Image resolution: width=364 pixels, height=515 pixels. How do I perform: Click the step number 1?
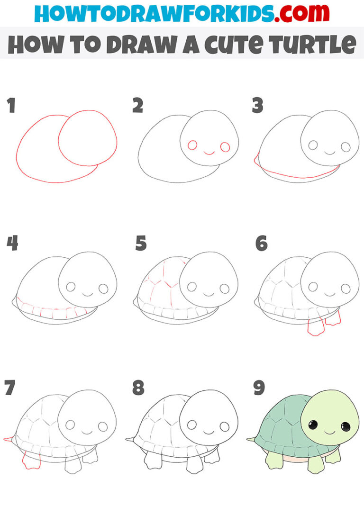(x=11, y=106)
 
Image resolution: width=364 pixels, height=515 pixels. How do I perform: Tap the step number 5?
(x=141, y=244)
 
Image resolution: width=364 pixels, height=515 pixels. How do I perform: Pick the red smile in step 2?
(x=209, y=153)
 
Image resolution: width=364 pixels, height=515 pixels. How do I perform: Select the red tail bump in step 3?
(x=256, y=160)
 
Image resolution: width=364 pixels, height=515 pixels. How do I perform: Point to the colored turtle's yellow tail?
(x=251, y=439)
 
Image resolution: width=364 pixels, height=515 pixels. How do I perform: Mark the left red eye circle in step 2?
(x=192, y=145)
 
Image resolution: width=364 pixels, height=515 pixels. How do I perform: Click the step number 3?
(x=257, y=106)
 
